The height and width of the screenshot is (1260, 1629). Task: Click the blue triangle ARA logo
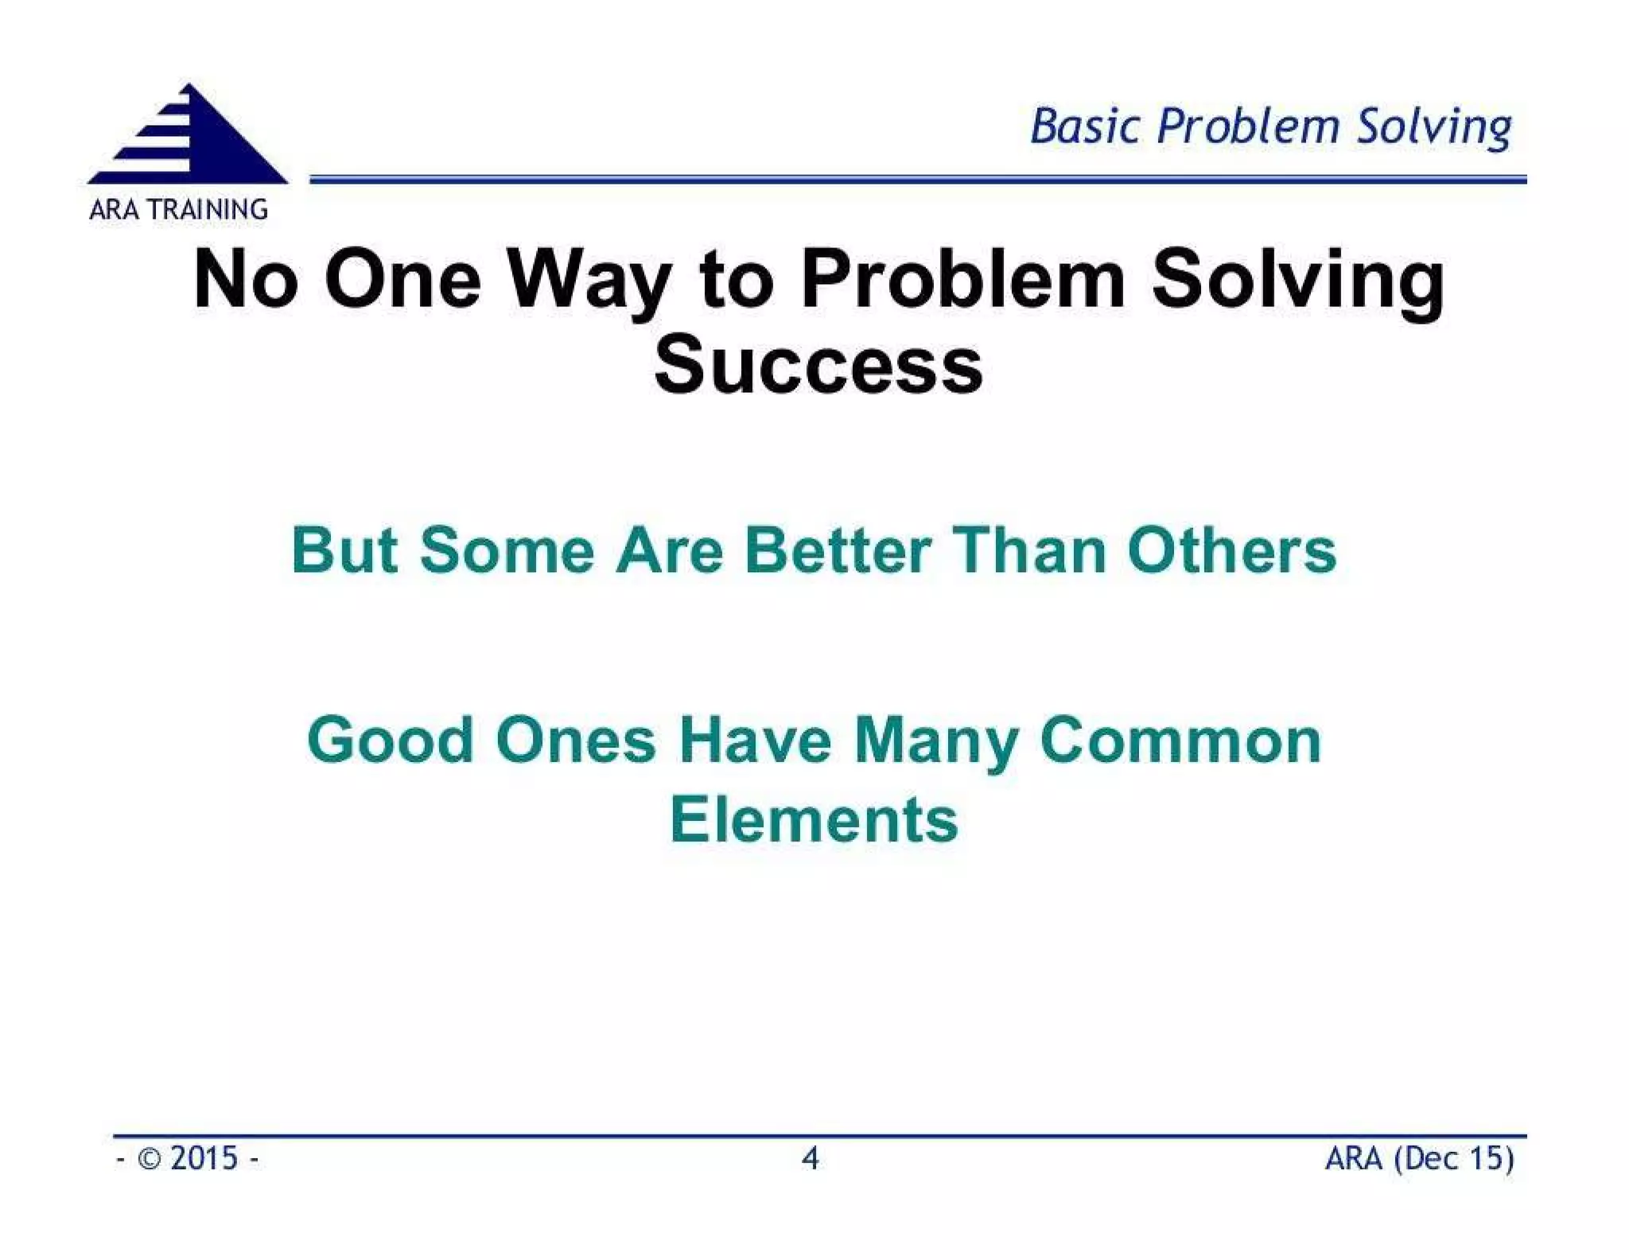189,137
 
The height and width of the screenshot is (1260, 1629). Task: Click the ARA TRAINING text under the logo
178,209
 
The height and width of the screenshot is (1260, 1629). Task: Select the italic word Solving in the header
1433,128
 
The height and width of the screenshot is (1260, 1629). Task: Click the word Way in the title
588,279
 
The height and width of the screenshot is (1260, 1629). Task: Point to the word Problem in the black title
962,279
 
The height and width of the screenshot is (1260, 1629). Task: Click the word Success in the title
818,365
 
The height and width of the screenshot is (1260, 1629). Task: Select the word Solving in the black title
1297,279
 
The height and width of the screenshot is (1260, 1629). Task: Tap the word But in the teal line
344,550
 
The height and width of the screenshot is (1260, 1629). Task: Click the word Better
837,550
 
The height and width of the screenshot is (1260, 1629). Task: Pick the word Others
1231,550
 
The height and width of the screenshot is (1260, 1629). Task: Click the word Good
390,740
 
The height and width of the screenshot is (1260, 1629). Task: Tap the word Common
1180,740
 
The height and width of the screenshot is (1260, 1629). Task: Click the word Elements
814,819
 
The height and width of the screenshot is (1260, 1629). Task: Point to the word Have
755,740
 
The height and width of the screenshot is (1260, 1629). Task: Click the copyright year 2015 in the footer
204,1158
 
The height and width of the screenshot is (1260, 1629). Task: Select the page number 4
810,1158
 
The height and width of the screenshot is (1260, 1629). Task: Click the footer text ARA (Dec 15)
1419,1158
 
